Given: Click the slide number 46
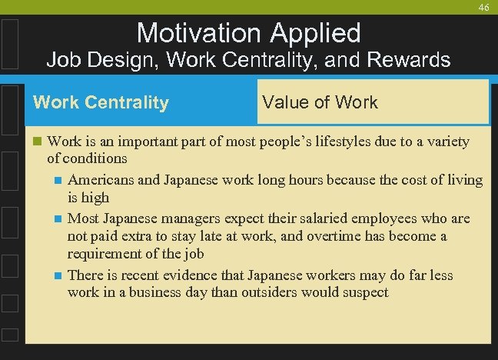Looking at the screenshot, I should point(483,7).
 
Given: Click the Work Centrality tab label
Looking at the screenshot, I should point(101,102).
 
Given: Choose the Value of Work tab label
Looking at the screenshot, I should point(320,102).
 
